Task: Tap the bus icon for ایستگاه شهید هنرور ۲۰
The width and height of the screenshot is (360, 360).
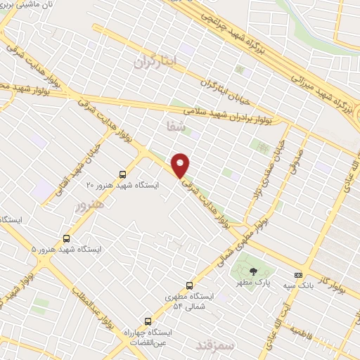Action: coord(123,174)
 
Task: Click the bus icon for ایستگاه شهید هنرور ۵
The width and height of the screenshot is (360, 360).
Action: coord(67,238)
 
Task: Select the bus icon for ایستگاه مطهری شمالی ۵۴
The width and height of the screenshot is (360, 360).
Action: coord(189,285)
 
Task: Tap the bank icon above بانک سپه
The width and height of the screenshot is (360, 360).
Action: coord(299,274)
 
